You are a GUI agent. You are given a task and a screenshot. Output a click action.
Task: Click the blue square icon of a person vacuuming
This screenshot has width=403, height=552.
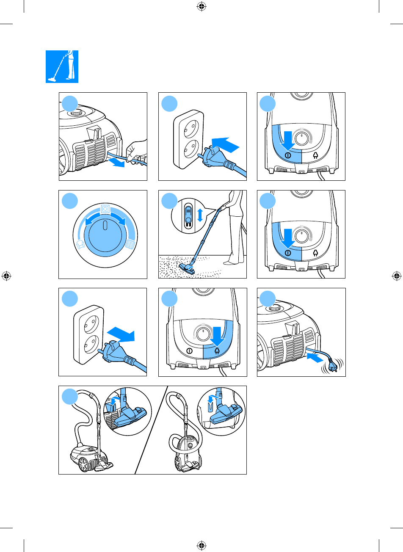pos(62,66)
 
